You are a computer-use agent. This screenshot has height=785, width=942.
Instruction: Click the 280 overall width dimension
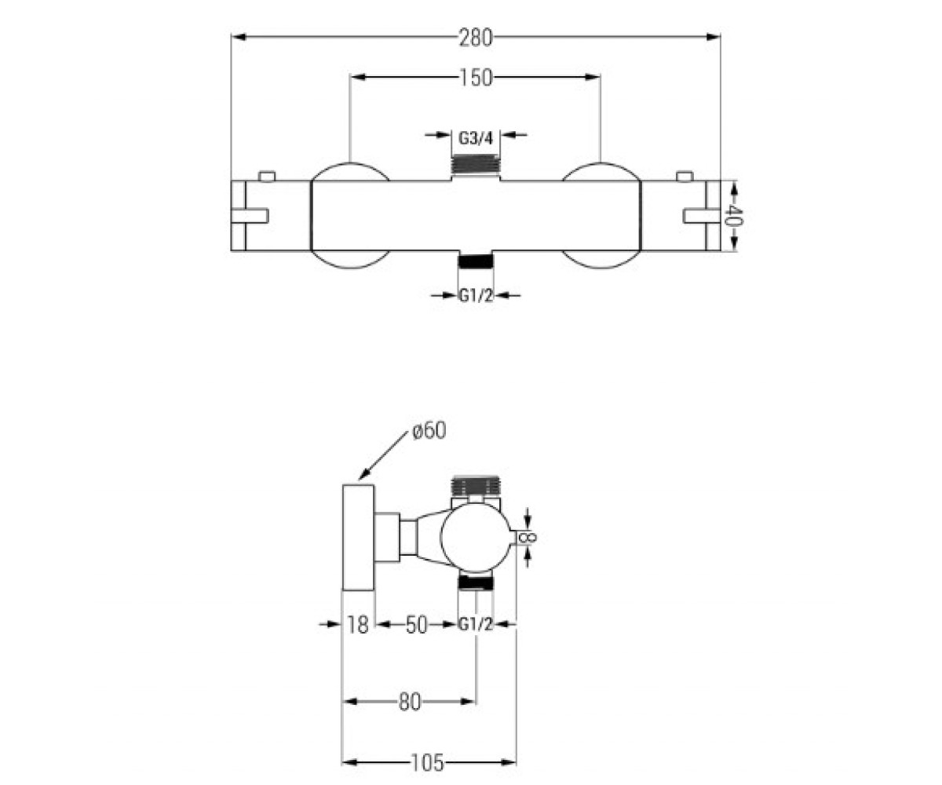tap(476, 38)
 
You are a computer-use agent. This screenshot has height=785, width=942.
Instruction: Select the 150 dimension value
tap(476, 78)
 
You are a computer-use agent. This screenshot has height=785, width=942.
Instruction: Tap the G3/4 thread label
tap(476, 138)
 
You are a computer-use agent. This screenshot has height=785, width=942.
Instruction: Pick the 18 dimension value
tap(358, 625)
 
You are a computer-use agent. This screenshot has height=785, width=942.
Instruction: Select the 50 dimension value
tap(416, 625)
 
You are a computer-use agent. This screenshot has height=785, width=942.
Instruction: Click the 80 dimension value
tap(409, 703)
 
